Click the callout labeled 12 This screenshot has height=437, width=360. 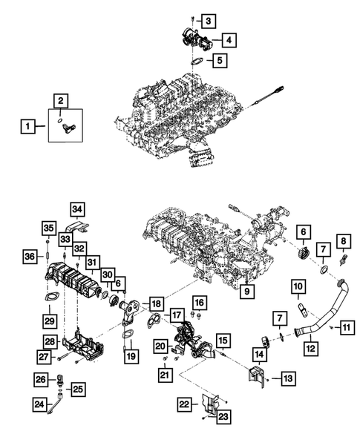(x=312, y=347)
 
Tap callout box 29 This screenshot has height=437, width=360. (x=51, y=320)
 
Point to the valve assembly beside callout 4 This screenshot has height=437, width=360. (x=194, y=38)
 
